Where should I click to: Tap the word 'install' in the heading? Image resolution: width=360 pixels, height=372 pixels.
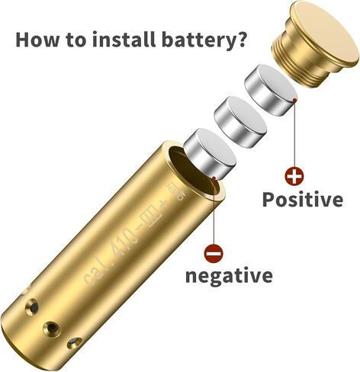tap(124, 39)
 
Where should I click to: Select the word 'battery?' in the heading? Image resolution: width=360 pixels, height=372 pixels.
tap(204, 40)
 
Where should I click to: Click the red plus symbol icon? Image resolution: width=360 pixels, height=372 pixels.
tap(294, 176)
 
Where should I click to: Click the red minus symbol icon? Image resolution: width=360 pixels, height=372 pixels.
tap(214, 253)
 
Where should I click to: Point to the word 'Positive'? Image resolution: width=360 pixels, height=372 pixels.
tap(303, 200)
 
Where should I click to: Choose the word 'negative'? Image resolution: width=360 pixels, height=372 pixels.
tap(229, 276)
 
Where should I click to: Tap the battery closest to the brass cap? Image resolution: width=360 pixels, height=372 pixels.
tap(271, 90)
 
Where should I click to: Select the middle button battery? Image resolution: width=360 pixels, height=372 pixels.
tap(240, 122)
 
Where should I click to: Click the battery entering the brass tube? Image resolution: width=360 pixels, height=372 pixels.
tap(210, 154)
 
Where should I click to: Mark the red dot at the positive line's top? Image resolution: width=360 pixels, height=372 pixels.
tap(294, 101)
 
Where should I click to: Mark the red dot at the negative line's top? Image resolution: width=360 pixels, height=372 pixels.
tap(214, 178)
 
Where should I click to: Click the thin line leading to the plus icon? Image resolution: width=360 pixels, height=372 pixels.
tap(294, 134)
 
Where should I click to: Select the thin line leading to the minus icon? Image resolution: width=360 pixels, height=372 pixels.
tap(214, 211)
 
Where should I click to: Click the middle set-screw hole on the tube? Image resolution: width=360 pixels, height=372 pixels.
tap(51, 328)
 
